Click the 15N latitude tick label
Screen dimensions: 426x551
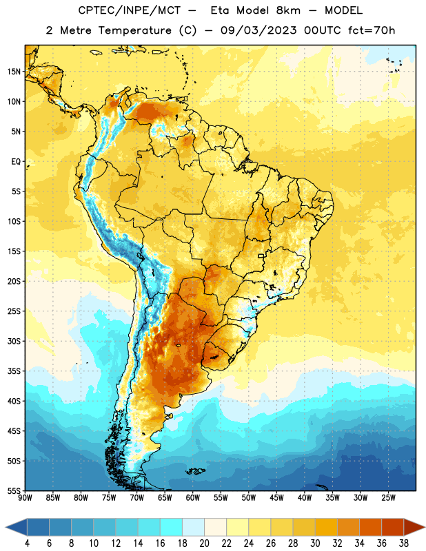click(x=14, y=72)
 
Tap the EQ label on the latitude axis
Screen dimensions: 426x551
click(x=16, y=162)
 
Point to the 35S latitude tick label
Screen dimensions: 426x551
click(x=14, y=371)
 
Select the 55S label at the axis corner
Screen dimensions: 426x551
click(x=14, y=490)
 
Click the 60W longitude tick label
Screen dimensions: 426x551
click(x=193, y=498)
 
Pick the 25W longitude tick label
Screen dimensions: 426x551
click(x=388, y=498)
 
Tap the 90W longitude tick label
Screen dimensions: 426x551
click(x=25, y=498)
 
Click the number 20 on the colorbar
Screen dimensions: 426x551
click(x=204, y=543)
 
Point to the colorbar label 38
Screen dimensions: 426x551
click(x=404, y=543)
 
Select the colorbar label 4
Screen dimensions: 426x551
click(x=27, y=543)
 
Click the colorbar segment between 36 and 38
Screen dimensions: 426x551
click(x=393, y=528)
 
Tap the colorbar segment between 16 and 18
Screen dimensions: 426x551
click(x=171, y=528)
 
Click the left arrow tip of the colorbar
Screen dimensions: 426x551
click(x=6, y=528)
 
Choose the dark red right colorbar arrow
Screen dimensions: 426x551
click(x=414, y=528)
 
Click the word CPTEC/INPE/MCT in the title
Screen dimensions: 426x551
click(x=129, y=10)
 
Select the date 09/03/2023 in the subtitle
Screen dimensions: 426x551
click(x=258, y=30)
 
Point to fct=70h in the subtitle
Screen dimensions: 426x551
click(x=372, y=30)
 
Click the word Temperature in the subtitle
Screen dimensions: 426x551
click(x=134, y=30)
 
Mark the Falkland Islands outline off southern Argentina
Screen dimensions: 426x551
click(x=195, y=471)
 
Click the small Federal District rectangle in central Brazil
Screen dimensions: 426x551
click(x=261, y=256)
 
